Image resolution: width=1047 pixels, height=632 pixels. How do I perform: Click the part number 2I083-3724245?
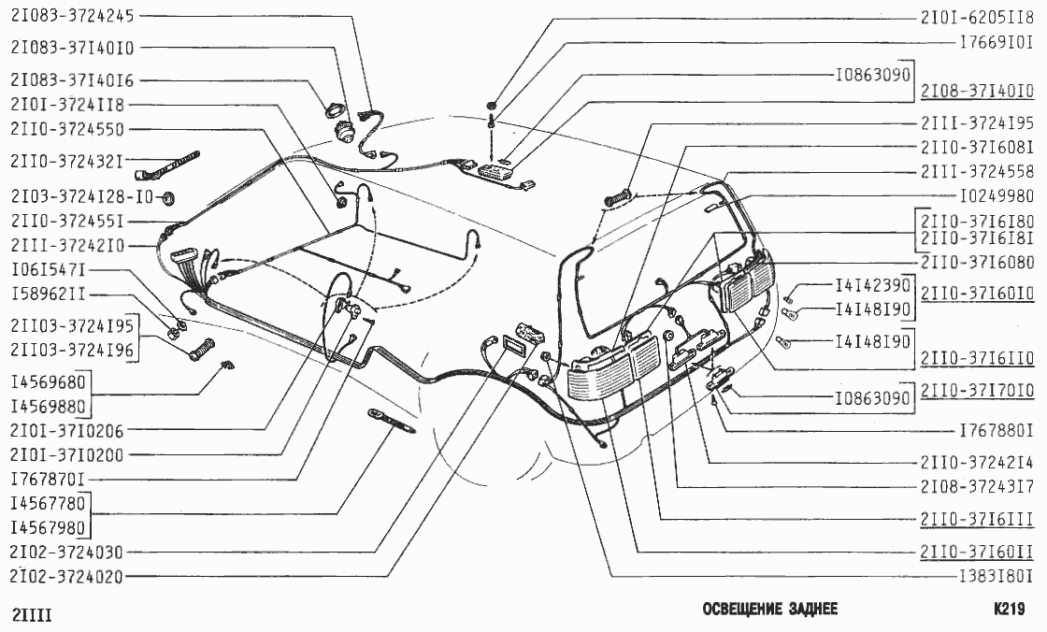click(x=72, y=15)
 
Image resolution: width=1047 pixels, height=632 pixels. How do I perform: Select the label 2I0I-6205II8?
click(x=977, y=19)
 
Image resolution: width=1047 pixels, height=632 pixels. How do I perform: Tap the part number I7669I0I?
click(x=997, y=43)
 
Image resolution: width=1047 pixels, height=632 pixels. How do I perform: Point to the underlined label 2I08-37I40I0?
click(x=977, y=91)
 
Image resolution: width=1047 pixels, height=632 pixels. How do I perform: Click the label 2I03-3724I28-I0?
click(x=81, y=196)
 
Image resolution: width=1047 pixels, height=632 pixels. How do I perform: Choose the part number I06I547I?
click(x=48, y=270)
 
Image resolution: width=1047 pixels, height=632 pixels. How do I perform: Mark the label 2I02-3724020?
click(x=66, y=576)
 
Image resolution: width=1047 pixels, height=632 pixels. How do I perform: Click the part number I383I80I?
click(x=997, y=576)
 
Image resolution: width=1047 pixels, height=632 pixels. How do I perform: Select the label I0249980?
click(x=997, y=196)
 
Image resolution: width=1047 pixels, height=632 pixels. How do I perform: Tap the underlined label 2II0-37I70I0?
click(x=977, y=390)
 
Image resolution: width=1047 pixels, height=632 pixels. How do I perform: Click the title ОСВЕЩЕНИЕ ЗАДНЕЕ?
click(x=770, y=609)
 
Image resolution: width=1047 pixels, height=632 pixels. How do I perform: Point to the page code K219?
click(x=1009, y=609)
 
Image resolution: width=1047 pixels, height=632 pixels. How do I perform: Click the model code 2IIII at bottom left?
click(x=32, y=614)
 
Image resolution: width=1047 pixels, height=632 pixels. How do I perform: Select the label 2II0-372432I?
click(x=66, y=161)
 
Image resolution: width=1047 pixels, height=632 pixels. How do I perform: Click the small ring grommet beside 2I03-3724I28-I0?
click(x=168, y=197)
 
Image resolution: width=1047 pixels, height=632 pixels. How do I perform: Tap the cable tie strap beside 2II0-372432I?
click(x=167, y=165)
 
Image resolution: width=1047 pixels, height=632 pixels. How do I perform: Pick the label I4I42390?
click(x=873, y=285)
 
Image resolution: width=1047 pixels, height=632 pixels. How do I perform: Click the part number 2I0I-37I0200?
click(x=66, y=455)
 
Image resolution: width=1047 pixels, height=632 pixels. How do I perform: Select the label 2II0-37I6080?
click(x=977, y=263)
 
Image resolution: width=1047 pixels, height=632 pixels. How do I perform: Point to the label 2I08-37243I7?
click(x=977, y=486)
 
